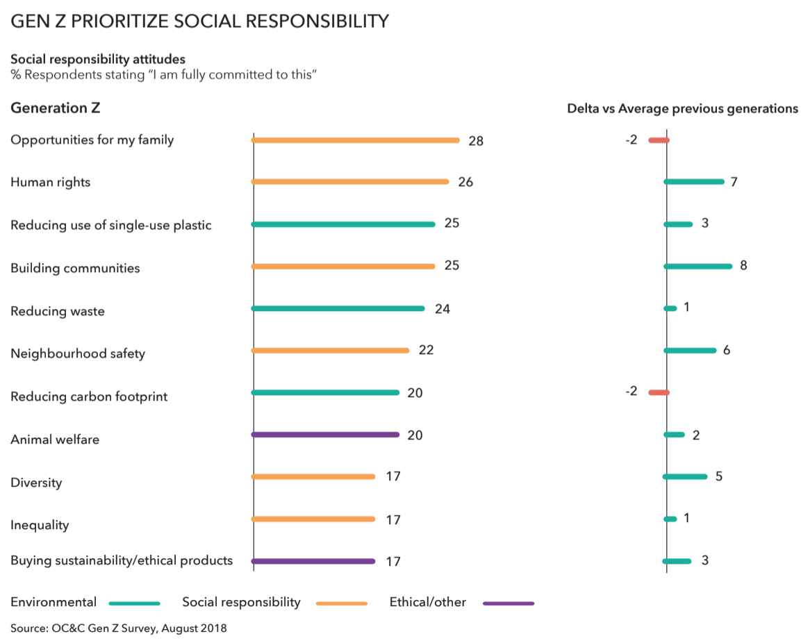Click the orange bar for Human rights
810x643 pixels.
(350, 182)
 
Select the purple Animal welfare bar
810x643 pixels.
(325, 435)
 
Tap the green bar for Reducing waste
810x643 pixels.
(338, 308)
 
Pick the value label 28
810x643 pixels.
(476, 141)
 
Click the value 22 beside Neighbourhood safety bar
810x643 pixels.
(426, 350)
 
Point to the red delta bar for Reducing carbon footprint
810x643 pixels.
(659, 392)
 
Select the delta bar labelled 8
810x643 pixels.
(698, 266)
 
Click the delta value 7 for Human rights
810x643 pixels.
(734, 182)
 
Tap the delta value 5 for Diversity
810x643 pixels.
(719, 476)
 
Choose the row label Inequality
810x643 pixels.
(40, 525)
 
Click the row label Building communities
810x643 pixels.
(75, 268)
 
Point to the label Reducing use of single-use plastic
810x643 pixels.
(111, 225)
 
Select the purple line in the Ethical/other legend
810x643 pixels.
(509, 603)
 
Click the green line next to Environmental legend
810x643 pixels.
(135, 603)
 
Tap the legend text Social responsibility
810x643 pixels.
(241, 602)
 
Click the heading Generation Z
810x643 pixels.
(56, 108)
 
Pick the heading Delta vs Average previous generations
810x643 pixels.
(682, 109)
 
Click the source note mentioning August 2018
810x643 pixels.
(119, 628)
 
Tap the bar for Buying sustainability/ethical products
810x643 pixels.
(313, 561)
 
